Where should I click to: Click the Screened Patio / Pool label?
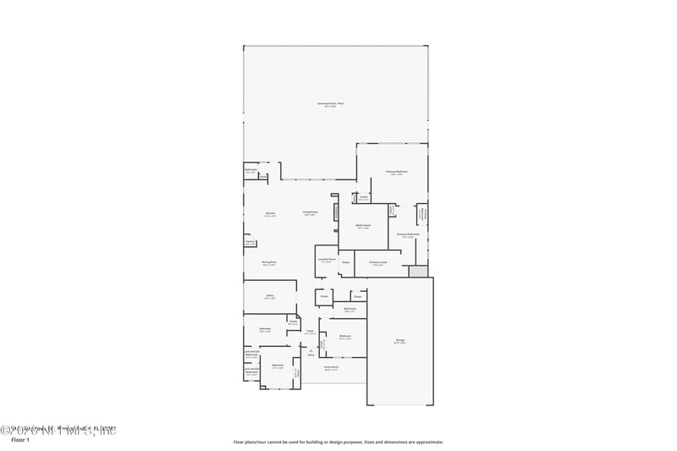pyautogui.click(x=331, y=104)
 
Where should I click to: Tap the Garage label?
pyautogui.click(x=399, y=342)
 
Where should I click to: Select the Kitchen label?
pyautogui.click(x=270, y=213)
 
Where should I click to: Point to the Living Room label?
pyautogui.click(x=311, y=212)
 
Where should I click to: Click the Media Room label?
pyautogui.click(x=363, y=226)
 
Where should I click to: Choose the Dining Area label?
pyautogui.click(x=269, y=263)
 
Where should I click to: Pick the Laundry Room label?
pyautogui.click(x=326, y=259)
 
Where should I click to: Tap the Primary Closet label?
pyautogui.click(x=377, y=263)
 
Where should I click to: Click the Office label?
pyautogui.click(x=269, y=297)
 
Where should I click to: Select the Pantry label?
pyautogui.click(x=250, y=242)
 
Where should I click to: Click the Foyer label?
pyautogui.click(x=311, y=332)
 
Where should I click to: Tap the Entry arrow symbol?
pyautogui.click(x=311, y=351)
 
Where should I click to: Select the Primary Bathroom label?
pyautogui.click(x=409, y=235)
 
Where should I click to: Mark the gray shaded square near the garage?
pyautogui.click(x=418, y=272)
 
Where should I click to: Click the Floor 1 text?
pyautogui.click(x=19, y=440)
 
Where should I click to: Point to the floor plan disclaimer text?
pyautogui.click(x=338, y=442)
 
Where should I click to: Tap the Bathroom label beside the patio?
pyautogui.click(x=250, y=171)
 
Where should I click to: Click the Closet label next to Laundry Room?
pyautogui.click(x=345, y=262)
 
